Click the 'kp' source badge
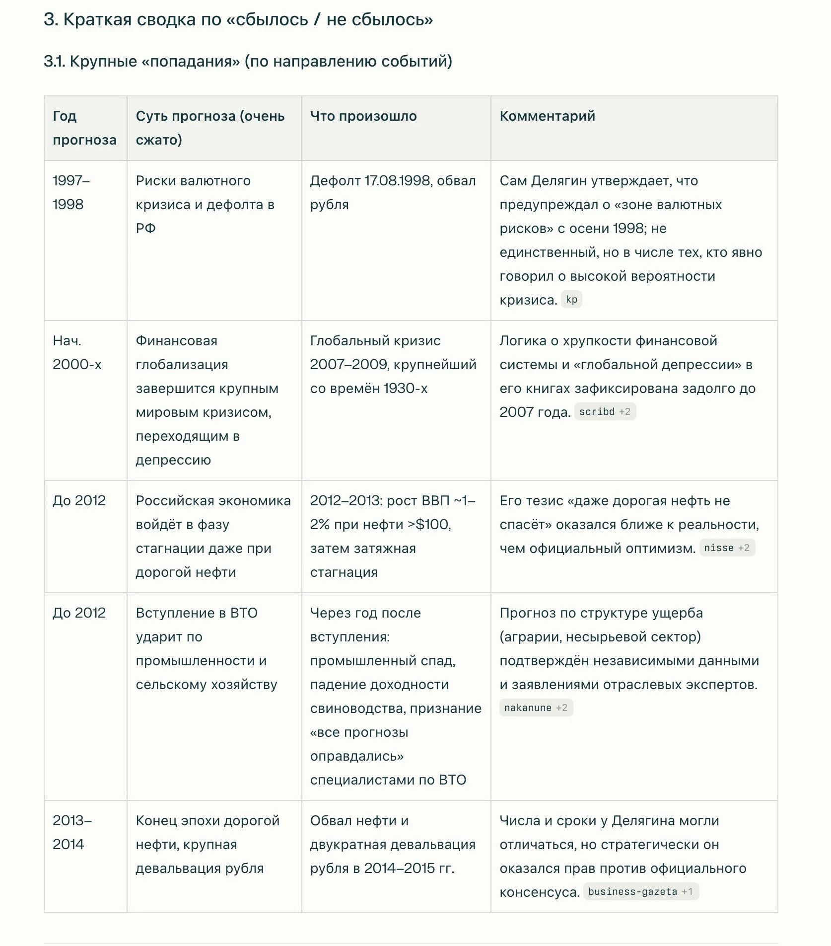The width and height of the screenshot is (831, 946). tap(571, 300)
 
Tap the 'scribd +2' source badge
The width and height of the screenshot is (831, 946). tap(605, 412)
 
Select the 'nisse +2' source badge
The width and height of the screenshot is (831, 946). tap(727, 548)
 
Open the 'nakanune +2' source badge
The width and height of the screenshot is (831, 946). tap(536, 708)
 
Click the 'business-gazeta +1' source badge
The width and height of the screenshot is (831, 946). tap(640, 892)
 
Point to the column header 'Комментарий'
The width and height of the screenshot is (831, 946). tap(547, 116)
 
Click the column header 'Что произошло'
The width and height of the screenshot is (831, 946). tap(363, 116)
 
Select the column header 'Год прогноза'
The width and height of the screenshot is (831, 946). tap(84, 128)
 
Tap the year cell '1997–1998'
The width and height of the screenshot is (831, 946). tap(71, 192)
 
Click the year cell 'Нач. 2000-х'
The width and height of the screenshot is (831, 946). tap(77, 353)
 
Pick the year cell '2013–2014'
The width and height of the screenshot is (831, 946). tap(72, 833)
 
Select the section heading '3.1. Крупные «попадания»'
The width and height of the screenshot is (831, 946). tap(248, 62)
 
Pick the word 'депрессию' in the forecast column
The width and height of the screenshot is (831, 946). tap(173, 460)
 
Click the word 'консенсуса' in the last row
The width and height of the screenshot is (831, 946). tap(539, 892)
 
